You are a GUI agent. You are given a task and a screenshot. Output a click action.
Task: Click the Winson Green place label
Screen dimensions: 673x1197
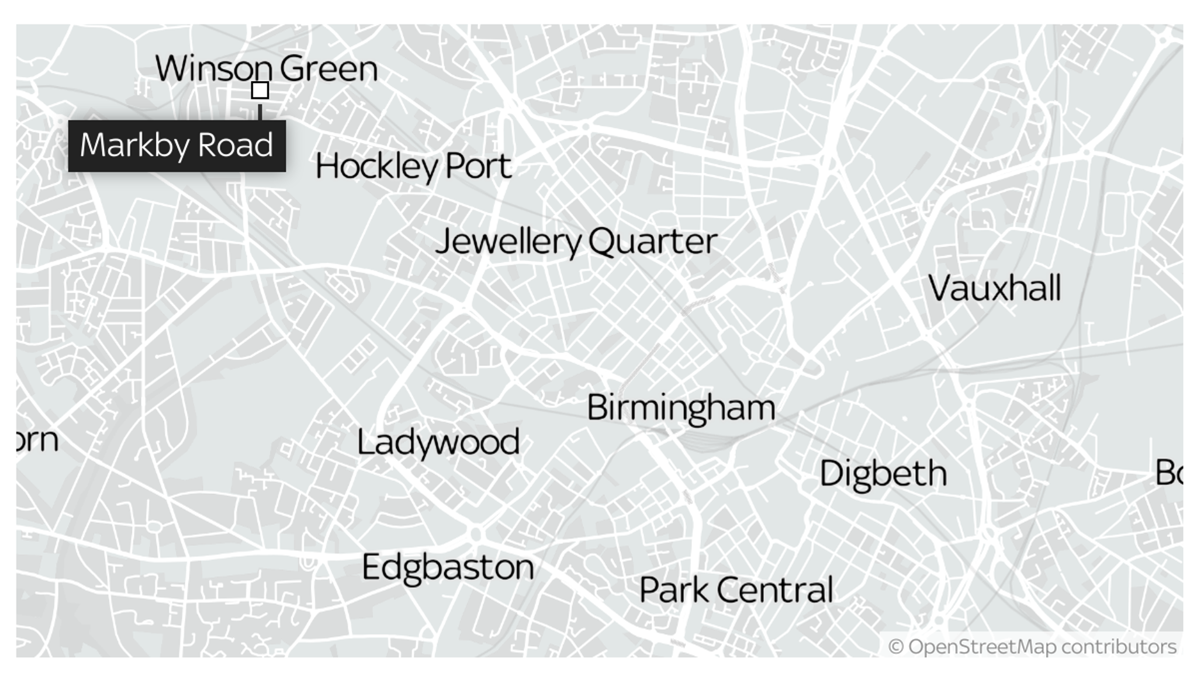[x=266, y=69]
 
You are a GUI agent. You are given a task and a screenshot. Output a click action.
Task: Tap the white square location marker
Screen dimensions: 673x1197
[x=260, y=91]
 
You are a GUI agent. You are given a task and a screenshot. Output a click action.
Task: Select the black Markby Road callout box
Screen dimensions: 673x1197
[x=177, y=146]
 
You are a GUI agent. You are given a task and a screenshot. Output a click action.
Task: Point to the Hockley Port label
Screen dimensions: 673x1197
[x=413, y=166]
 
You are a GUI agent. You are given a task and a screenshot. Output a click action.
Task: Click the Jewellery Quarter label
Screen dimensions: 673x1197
[x=576, y=241]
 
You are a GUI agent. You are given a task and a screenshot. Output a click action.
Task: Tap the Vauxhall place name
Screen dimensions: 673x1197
[x=994, y=289]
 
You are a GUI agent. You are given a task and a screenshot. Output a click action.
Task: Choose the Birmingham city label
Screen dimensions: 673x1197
[x=681, y=407]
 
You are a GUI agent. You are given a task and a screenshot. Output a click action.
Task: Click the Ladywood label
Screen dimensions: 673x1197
[x=438, y=442]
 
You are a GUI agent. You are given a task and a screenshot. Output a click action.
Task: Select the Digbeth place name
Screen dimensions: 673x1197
[x=883, y=473]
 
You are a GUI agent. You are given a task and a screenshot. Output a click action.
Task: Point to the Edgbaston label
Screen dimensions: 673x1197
[x=448, y=567]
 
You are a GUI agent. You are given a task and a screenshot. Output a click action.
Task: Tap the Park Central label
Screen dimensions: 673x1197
[x=736, y=590]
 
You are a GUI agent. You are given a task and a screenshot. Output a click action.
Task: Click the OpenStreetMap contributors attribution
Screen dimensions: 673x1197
[x=1032, y=647]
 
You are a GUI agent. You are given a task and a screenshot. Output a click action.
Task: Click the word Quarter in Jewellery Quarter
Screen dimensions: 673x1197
[x=653, y=241]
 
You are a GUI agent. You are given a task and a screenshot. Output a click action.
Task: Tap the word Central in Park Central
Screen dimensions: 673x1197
[x=775, y=590]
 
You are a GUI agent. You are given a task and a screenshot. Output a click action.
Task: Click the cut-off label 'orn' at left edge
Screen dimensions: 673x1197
[x=37, y=439]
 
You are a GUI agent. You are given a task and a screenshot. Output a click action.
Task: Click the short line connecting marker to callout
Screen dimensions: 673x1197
[x=260, y=110]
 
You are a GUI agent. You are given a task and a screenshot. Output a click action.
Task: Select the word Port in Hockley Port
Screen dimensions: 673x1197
[x=478, y=166]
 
